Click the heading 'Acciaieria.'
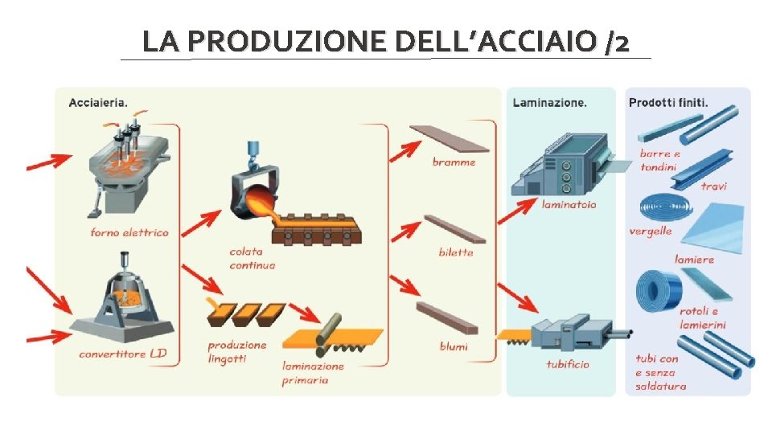click(x=98, y=102)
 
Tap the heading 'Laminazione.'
click(x=549, y=102)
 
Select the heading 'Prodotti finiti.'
click(x=668, y=102)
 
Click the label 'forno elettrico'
click(x=129, y=232)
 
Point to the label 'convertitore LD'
click(x=123, y=354)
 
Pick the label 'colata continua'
click(x=252, y=258)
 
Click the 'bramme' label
click(x=454, y=162)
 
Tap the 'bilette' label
click(x=456, y=252)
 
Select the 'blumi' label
click(x=454, y=346)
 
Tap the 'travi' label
click(x=713, y=186)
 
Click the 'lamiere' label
click(x=694, y=260)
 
